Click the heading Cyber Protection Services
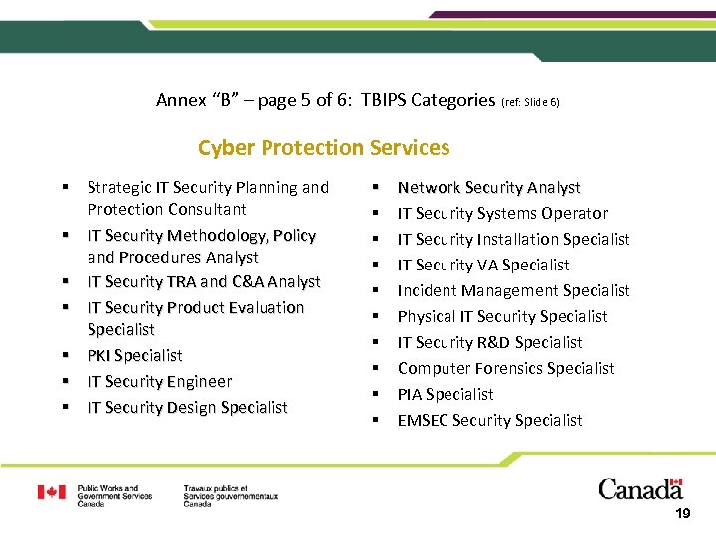tap(323, 148)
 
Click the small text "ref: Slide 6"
tap(537, 101)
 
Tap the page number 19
tap(682, 514)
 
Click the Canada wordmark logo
tap(640, 489)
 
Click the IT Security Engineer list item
tap(159, 381)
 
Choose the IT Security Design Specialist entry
tap(187, 407)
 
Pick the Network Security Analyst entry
tap(488, 187)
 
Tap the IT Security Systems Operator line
tap(502, 213)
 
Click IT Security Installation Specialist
tap(513, 239)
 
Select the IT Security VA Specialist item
tap(483, 265)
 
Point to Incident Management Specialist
tap(513, 290)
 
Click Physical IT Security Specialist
tap(502, 316)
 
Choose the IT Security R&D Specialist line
tap(489, 342)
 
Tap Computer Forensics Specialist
tap(505, 368)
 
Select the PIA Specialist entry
tap(446, 394)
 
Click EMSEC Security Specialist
tap(489, 420)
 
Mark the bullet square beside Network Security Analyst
tap(376, 187)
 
